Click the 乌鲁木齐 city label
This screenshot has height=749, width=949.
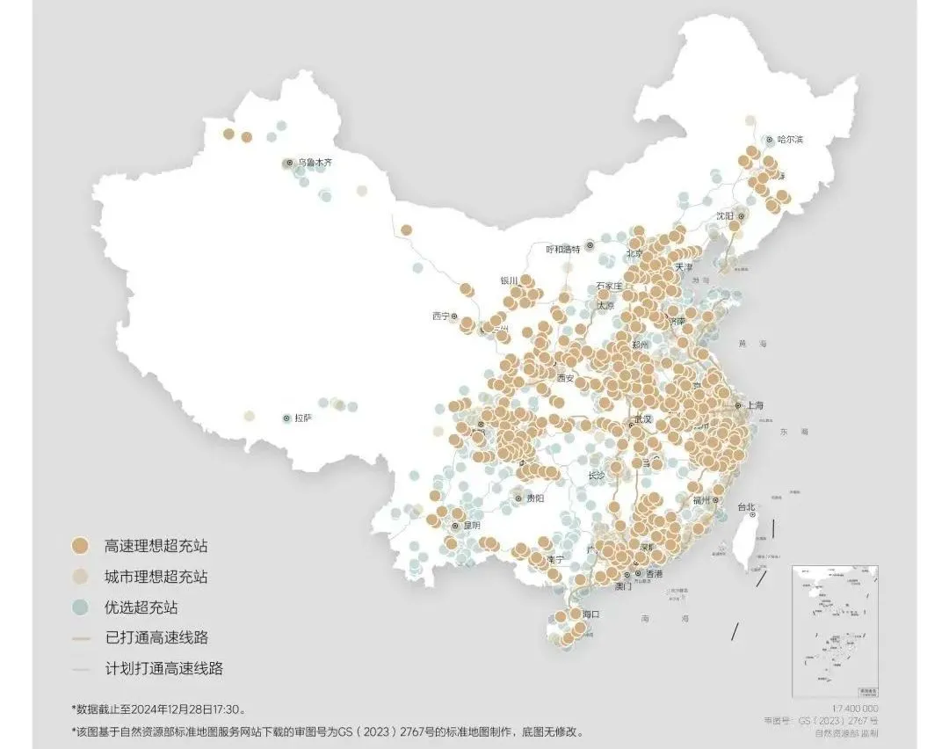[315, 163]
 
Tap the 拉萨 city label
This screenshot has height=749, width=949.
[302, 418]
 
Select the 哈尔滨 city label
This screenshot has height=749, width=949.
[791, 140]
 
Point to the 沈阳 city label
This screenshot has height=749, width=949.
[724, 215]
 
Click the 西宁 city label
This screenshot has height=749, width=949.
[440, 316]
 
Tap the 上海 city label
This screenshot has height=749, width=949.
[755, 406]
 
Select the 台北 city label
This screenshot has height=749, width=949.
[745, 507]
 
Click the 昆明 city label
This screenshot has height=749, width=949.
[472, 526]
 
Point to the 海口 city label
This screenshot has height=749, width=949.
[590, 614]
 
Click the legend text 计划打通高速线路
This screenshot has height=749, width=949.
[163, 668]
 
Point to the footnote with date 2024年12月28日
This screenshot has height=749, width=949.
[158, 709]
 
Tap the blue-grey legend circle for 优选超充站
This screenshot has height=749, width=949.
[81, 607]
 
